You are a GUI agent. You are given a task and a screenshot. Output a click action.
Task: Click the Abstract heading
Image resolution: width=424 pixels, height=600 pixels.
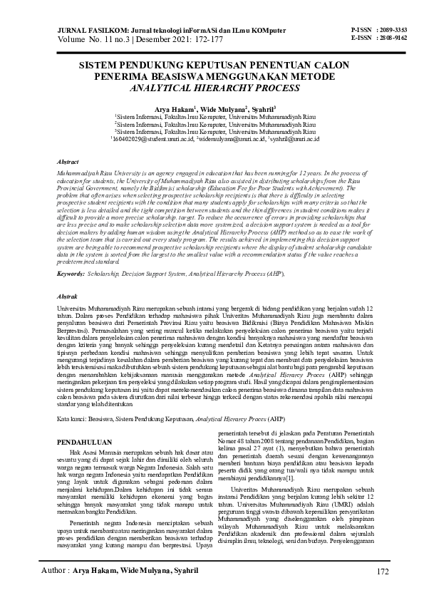point(67,162)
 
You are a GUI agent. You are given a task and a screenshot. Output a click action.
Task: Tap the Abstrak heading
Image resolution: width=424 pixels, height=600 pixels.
point(67,294)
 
